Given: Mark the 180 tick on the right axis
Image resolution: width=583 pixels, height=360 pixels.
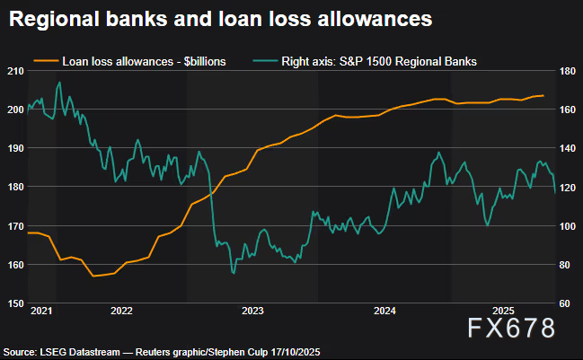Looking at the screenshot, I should (x=566, y=70).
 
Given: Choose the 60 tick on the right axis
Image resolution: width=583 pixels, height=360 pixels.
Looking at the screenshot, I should (x=563, y=303).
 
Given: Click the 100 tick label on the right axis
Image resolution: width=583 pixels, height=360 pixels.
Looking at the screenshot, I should (x=566, y=225).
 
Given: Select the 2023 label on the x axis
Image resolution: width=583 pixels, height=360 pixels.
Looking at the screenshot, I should (x=252, y=312).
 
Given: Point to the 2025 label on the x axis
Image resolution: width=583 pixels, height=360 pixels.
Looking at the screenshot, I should (x=502, y=312).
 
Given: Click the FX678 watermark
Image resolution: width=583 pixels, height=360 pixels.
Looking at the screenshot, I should (x=512, y=328).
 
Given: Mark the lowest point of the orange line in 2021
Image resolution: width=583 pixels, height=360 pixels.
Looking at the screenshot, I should (x=93, y=276).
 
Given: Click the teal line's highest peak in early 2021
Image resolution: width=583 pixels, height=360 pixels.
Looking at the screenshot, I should (x=59, y=83).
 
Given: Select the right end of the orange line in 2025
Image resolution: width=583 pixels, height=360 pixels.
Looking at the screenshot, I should (x=543, y=95).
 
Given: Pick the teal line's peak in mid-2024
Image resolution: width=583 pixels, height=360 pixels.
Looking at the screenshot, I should (x=438, y=153).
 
